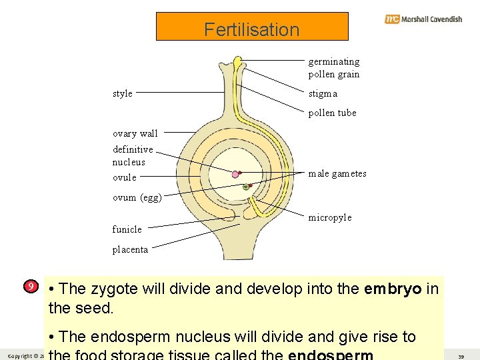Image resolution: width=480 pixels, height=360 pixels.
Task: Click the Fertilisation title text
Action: coord(251,29)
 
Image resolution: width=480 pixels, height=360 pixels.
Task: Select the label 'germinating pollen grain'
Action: coord(333,68)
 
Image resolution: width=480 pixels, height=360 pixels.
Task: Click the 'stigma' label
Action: coord(323,94)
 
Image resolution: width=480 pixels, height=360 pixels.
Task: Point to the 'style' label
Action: coord(123,93)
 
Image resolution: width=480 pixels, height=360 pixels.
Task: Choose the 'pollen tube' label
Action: coord(332,113)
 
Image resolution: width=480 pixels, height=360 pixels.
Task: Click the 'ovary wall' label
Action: coord(135,133)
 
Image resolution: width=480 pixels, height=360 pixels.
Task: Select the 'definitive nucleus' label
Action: coord(133,155)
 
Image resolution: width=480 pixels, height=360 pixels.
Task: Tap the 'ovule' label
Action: coord(125,177)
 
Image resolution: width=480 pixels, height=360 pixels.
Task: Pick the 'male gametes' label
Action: coord(337,174)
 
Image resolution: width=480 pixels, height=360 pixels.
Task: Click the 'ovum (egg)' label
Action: coord(137,197)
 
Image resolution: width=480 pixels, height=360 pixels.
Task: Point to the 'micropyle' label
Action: coord(329,218)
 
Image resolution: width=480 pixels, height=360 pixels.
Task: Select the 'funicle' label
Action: coord(127,229)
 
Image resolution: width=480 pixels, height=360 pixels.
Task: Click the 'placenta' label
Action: coord(130,250)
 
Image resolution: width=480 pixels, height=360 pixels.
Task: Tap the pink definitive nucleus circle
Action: coord(235,175)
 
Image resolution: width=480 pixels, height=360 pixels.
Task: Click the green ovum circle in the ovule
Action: coord(246,187)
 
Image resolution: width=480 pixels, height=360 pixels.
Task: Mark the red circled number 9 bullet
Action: coord(30,287)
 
